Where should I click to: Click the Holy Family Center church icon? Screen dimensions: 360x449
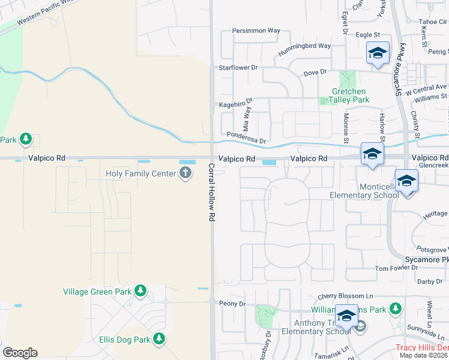click(185, 173)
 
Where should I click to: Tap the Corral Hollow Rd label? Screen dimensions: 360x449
click(212, 193)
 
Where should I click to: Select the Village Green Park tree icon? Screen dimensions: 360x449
click(140, 291)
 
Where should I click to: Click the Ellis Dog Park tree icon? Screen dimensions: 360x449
click(158, 340)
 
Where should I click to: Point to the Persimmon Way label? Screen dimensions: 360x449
click(256, 30)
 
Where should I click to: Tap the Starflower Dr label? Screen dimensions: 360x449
click(238, 68)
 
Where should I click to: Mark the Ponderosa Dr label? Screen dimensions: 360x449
click(246, 134)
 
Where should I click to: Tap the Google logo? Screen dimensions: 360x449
click(20, 353)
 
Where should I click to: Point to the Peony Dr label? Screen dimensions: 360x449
click(232, 304)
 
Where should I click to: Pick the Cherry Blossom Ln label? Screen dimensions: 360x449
click(345, 296)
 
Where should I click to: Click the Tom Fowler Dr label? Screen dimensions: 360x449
click(396, 268)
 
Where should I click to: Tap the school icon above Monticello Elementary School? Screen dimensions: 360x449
click(406, 181)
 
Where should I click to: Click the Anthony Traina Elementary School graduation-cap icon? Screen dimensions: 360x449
click(346, 316)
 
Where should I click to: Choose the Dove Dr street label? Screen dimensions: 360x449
click(315, 72)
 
